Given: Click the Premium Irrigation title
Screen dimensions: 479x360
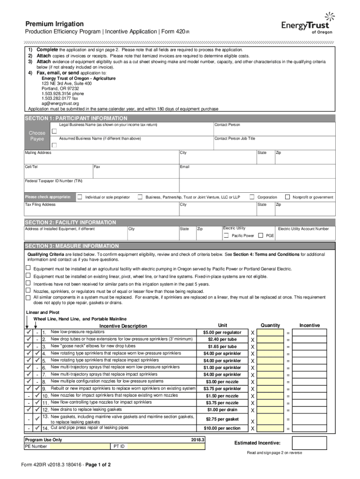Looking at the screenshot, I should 55,24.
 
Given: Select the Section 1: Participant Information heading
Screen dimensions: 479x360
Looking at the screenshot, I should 76,118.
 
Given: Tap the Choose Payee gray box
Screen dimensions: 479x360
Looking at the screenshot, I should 37,136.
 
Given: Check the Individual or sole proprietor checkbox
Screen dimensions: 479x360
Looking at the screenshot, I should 80,197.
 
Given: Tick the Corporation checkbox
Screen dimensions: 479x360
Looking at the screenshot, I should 252,197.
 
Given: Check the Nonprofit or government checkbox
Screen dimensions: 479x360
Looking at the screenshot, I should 288,197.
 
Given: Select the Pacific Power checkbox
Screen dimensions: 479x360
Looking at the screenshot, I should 226,235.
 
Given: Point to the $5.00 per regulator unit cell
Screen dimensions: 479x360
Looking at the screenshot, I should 222,333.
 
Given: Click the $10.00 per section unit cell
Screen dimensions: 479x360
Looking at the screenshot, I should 222,428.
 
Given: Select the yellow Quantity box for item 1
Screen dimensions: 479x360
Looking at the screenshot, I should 270,333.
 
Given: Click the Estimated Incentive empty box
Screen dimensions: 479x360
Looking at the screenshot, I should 313,443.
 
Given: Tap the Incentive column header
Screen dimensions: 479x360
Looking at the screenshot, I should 310,325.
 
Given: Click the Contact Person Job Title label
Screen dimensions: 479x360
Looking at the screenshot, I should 235,138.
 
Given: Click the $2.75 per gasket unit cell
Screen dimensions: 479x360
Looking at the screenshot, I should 222,419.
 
